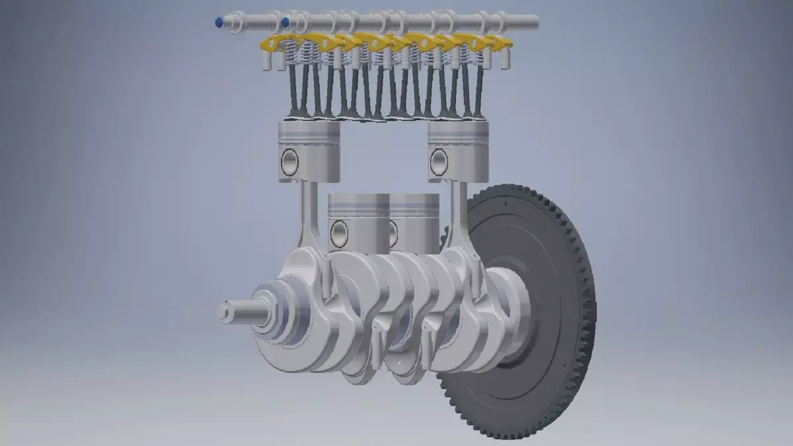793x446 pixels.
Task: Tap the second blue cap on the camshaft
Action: [x=285, y=22]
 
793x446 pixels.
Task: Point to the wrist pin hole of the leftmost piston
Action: [x=289, y=162]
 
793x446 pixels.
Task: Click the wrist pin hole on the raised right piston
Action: [x=438, y=162]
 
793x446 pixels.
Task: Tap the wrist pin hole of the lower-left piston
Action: [x=339, y=233]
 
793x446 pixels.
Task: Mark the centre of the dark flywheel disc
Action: [x=529, y=311]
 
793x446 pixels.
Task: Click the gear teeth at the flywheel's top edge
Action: [x=522, y=191]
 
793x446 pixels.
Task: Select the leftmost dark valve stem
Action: [x=293, y=93]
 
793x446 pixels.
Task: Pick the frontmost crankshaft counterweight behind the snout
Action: [x=297, y=311]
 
